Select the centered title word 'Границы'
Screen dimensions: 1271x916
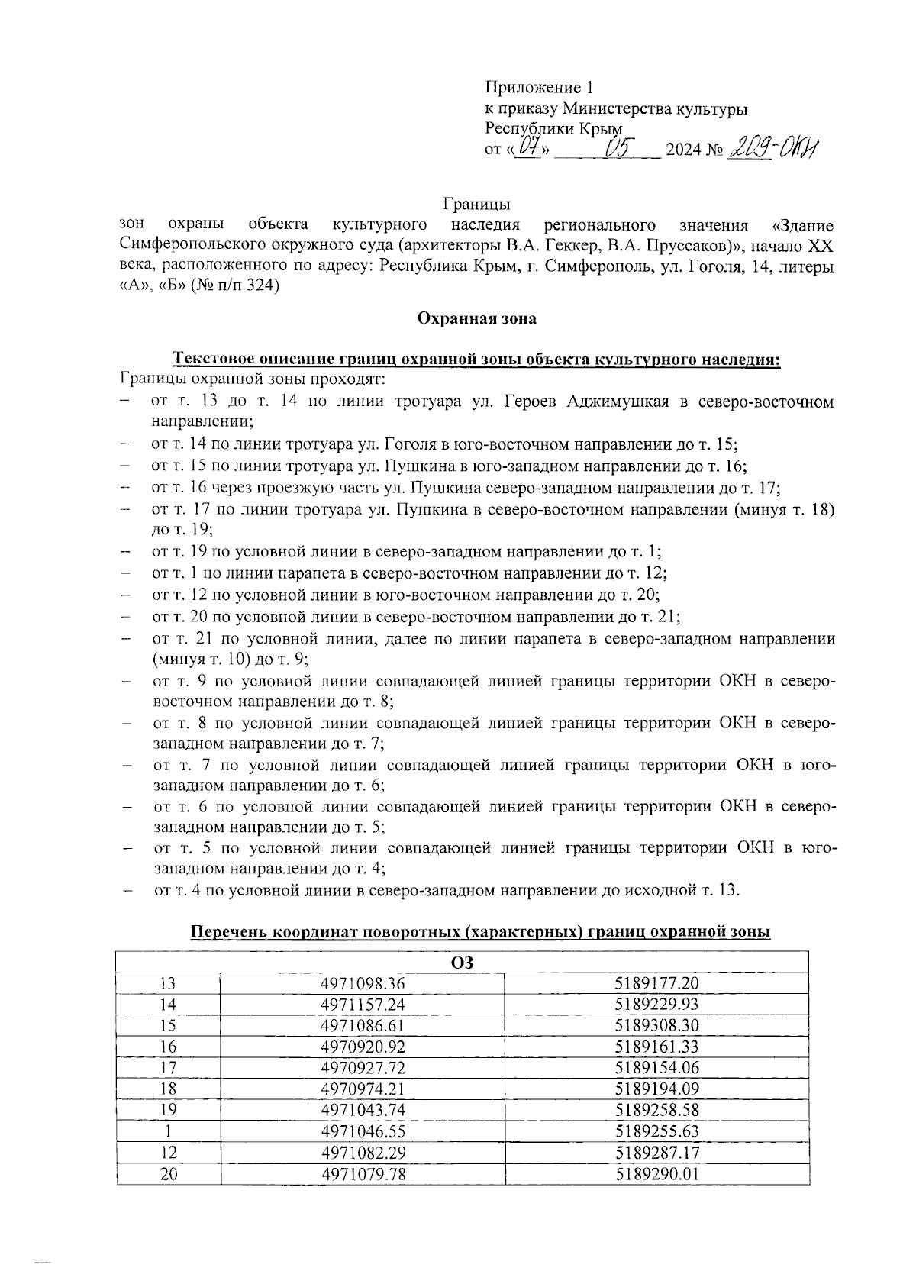[476, 205]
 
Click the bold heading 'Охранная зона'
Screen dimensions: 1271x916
[476, 319]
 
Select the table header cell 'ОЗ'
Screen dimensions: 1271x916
[463, 963]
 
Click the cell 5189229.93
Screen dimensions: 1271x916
[657, 1005]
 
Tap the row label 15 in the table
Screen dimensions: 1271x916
[168, 1026]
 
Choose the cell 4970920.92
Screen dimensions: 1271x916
[363, 1047]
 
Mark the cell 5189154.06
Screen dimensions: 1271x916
[657, 1068]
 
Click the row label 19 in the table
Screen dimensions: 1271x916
[168, 1110]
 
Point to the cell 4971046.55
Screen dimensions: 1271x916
[363, 1131]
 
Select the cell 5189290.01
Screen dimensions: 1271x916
[657, 1174]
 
